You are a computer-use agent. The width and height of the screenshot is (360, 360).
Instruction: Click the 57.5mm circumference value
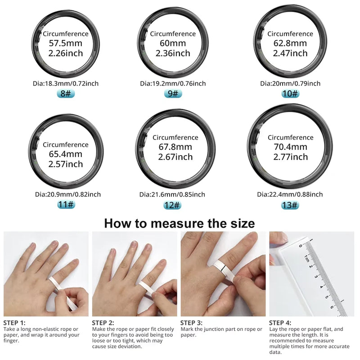tap(66, 44)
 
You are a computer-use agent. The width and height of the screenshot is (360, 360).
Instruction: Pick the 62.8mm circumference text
tap(290, 44)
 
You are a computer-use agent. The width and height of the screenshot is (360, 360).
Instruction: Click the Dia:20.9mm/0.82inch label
tap(67, 194)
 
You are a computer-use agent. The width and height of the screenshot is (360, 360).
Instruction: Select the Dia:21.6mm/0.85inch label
tap(172, 194)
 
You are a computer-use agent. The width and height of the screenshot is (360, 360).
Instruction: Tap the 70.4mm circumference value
tap(290, 147)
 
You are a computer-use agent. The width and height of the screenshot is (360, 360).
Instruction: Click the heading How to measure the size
tap(180, 223)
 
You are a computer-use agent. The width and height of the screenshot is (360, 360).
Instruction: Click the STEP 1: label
tap(14, 323)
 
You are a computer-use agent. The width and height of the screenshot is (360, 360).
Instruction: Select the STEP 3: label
tap(191, 323)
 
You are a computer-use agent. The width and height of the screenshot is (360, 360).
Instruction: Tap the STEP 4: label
tap(280, 323)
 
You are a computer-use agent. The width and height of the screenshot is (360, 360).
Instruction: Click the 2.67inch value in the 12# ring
tap(175, 157)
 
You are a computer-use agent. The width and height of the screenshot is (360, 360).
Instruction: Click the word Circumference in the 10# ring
tap(290, 34)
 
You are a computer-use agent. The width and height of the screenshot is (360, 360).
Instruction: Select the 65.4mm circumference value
tap(66, 154)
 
